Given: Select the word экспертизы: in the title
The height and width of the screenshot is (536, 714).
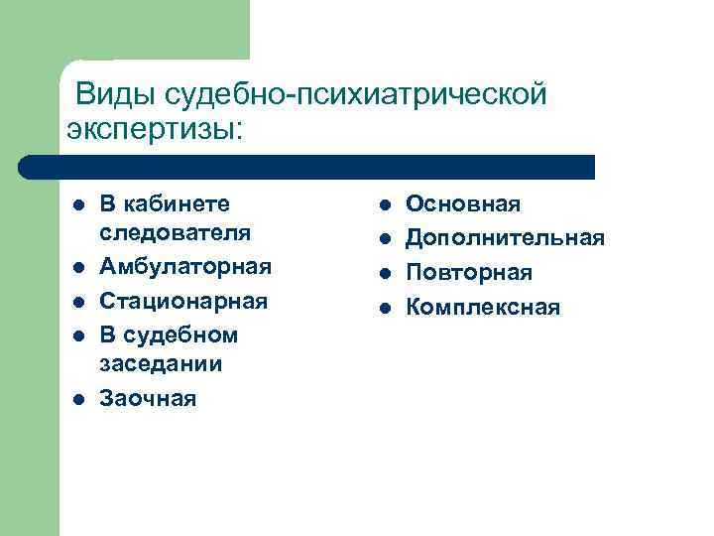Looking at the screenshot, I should point(155,128).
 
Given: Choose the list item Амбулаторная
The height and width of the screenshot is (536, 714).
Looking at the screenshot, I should point(185,268).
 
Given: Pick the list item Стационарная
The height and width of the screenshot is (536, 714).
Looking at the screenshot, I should point(183,301).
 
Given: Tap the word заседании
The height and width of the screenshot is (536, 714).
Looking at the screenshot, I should point(160,363).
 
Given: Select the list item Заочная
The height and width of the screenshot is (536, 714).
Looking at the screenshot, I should point(148,398).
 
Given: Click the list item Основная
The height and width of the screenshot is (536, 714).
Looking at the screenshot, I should point(463,204).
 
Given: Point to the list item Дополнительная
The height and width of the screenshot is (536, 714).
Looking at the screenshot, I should point(505,238).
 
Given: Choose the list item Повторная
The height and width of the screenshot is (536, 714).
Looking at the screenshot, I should point(469,272).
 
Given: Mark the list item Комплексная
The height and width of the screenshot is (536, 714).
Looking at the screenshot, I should point(483,308).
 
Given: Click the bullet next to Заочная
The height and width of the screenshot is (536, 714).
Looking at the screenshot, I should point(77,399).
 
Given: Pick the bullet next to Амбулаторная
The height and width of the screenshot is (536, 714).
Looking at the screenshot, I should point(77,269).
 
